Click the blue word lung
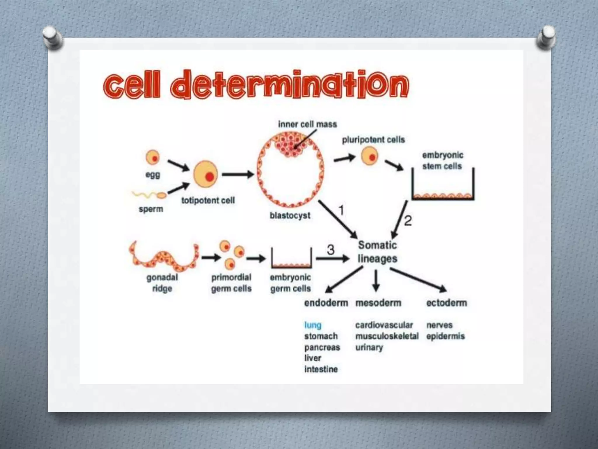313,325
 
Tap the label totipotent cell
208,201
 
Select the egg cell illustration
152,157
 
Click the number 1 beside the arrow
341,210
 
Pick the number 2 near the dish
408,220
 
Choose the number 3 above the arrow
331,250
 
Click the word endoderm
326,303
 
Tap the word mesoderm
378,303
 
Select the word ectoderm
446,303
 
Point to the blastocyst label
290,215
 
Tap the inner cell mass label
307,124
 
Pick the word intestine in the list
321,369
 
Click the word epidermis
445,336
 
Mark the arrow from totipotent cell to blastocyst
238,175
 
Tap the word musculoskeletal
387,336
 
